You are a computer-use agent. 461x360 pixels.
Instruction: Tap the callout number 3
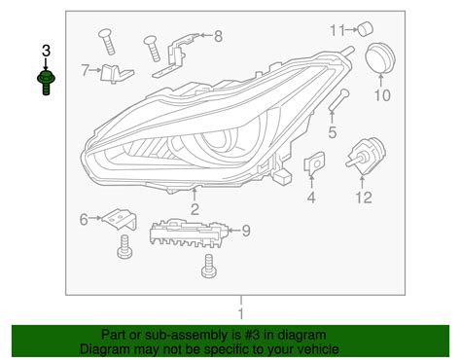click(x=46, y=50)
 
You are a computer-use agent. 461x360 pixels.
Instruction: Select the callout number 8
click(x=217, y=37)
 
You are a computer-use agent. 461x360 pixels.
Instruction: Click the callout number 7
click(x=85, y=69)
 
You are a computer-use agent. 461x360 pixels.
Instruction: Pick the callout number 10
click(x=381, y=95)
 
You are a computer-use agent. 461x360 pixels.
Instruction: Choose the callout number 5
click(x=332, y=132)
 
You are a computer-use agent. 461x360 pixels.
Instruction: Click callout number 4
click(x=311, y=198)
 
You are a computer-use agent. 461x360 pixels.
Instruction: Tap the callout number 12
click(x=363, y=198)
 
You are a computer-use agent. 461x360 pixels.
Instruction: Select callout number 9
click(x=245, y=230)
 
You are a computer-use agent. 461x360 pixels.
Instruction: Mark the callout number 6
click(x=84, y=219)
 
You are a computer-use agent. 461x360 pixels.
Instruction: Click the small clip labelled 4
click(x=314, y=166)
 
